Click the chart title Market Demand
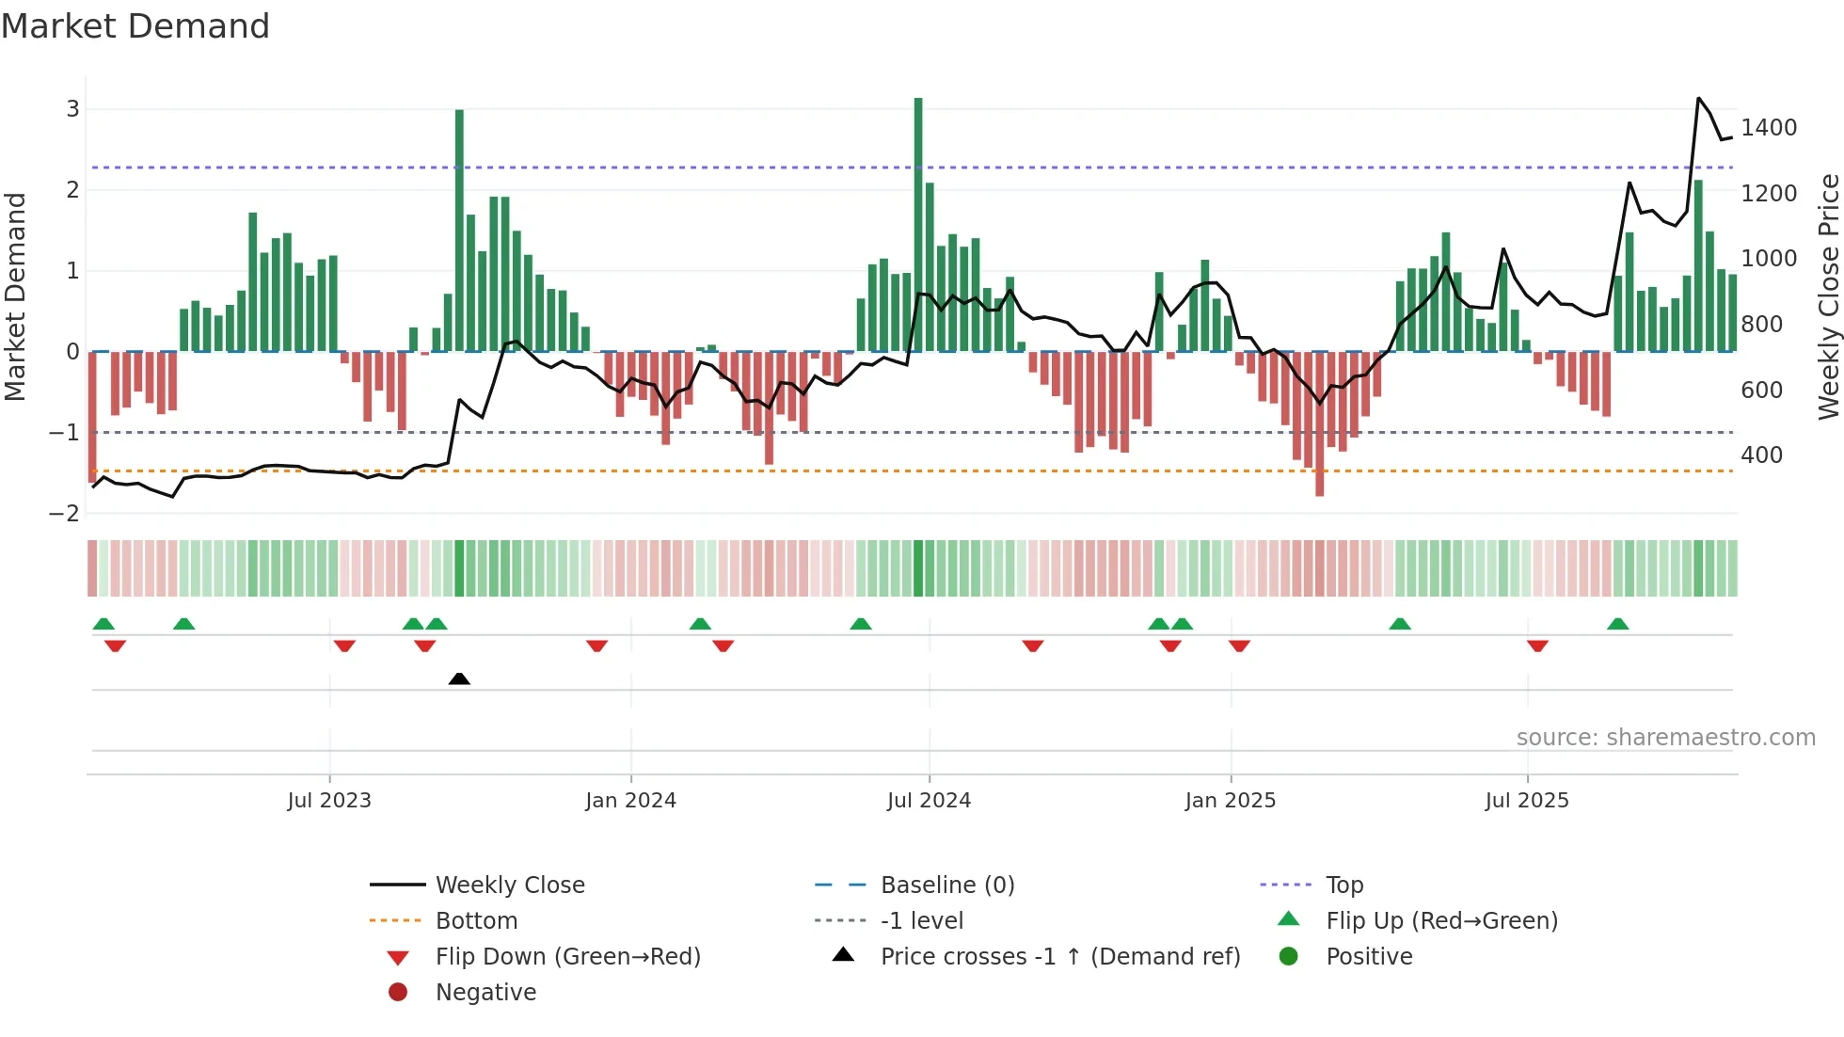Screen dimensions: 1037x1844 coord(135,26)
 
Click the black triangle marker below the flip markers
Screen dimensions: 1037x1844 coord(459,678)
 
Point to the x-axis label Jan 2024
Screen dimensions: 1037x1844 coord(630,801)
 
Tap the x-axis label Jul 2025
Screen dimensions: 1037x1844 coord(1527,801)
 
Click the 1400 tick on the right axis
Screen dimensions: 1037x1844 coord(1769,128)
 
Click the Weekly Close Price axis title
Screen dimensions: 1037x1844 coord(1828,296)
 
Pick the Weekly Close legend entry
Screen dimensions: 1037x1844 coord(509,885)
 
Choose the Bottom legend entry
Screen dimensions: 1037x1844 coord(476,921)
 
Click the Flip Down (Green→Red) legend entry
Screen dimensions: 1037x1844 coord(567,957)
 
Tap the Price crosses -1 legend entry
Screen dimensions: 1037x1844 coord(1059,957)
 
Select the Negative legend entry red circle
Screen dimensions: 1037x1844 coord(398,993)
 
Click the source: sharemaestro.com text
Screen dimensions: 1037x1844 coord(1665,738)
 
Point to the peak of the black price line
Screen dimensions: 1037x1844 coord(1698,98)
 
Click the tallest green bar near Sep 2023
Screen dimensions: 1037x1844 coord(459,231)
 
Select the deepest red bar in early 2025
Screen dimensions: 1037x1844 coord(1319,423)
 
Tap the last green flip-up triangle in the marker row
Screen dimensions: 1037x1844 coord(1617,624)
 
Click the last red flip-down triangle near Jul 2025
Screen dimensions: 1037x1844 coord(1537,646)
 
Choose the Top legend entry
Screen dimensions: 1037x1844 coord(1343,885)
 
